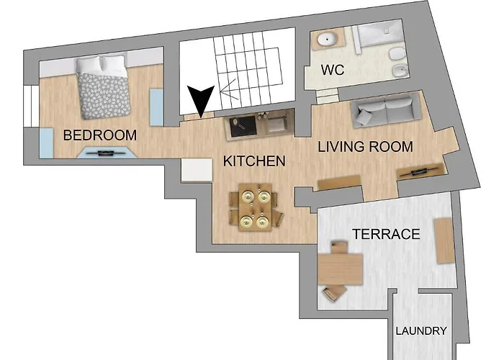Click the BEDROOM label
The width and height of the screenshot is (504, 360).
click(100, 135)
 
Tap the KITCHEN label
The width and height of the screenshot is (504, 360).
click(254, 161)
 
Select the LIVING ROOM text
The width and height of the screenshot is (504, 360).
click(366, 147)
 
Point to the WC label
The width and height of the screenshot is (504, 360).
click(333, 70)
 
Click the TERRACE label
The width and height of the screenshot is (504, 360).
click(387, 234)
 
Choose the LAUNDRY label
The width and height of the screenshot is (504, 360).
click(421, 330)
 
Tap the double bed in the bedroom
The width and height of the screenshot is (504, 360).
click(103, 87)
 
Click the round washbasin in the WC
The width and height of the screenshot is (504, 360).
click(327, 39)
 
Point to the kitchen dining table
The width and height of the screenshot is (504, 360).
click(255, 207)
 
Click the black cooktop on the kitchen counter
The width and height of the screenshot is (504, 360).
click(243, 126)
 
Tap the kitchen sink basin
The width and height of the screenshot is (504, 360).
click(276, 124)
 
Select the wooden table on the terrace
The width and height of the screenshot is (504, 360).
click(340, 269)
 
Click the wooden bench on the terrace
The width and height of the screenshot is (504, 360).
click(444, 240)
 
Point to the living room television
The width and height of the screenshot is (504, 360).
click(421, 171)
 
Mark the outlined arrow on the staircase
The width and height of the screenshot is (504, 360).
click(229, 89)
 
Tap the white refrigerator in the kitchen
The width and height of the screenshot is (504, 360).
click(197, 170)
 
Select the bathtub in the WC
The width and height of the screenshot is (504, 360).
click(379, 34)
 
